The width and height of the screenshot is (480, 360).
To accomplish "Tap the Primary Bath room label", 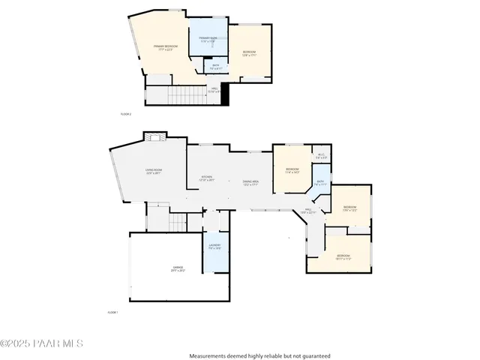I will tap(208, 39).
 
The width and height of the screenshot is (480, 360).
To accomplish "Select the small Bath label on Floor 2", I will tap(215, 67).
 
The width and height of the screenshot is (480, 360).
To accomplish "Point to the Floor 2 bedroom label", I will tap(249, 52).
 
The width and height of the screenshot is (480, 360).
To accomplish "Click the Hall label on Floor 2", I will tap(214, 91).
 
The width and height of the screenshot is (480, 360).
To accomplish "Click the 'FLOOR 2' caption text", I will tap(126, 114).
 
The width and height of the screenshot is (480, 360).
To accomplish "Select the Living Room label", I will tap(154, 172).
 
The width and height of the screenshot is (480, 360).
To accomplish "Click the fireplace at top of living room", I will tap(154, 136).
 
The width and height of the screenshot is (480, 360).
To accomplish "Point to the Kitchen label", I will tap(206, 178).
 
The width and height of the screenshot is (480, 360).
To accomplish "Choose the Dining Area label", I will tap(250, 182).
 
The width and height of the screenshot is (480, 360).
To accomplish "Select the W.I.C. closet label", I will tap(321, 157).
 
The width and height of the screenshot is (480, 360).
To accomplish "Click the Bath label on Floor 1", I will tap(320, 182).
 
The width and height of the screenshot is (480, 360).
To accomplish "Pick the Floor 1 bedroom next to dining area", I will tap(292, 171).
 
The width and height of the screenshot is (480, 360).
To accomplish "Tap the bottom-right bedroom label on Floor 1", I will tap(343, 257).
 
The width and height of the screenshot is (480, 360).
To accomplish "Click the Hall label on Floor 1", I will tap(309, 211).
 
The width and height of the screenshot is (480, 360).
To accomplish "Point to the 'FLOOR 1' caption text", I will tap(112, 311).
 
